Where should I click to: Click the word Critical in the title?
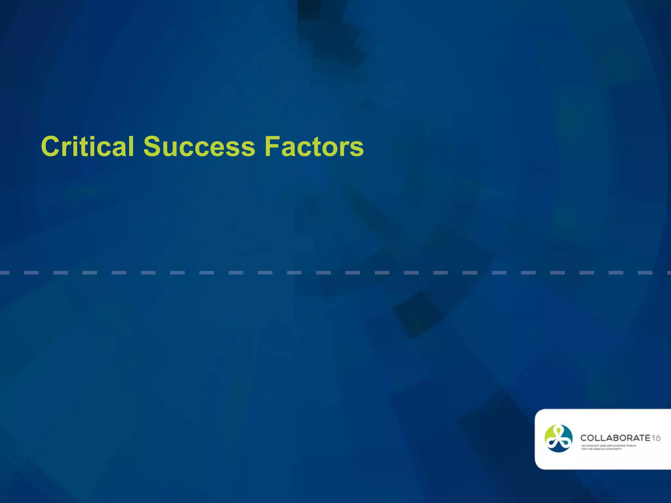(x=87, y=146)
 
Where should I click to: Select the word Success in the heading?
(x=199, y=146)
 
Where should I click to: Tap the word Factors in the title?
(x=314, y=146)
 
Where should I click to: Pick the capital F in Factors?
(x=272, y=146)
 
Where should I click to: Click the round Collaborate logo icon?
(x=558, y=438)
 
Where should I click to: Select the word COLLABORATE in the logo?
(x=615, y=438)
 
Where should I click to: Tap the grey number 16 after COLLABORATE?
(x=656, y=438)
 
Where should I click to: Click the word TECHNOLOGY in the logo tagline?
(x=590, y=446)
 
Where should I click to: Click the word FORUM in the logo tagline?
(x=631, y=446)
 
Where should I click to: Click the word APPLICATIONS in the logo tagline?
(x=616, y=446)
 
